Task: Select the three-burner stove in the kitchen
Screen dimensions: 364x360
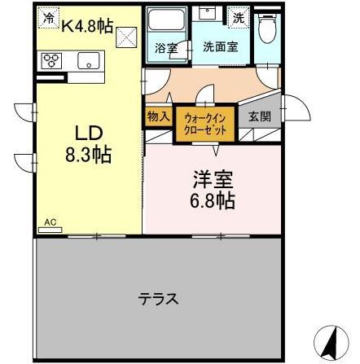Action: click(x=51, y=60)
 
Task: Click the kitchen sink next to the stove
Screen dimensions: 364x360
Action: click(x=87, y=60)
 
